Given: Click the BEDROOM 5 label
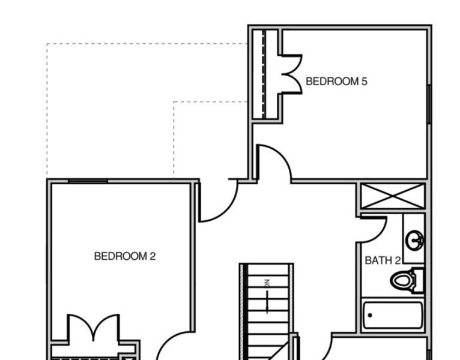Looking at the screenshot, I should pyautogui.click(x=336, y=82).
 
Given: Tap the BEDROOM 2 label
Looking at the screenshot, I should pyautogui.click(x=125, y=256).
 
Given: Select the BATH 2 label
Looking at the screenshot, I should pyautogui.click(x=383, y=260).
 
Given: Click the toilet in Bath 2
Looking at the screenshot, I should pyautogui.click(x=404, y=280).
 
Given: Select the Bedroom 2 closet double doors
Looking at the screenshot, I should pyautogui.click(x=93, y=328).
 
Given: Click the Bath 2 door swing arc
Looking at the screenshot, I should pyautogui.click(x=372, y=231).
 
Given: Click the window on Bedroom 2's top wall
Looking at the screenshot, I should pyautogui.click(x=88, y=181).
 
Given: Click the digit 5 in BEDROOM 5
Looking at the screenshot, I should pyautogui.click(x=364, y=82).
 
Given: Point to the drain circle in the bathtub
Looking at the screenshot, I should pyautogui.click(x=370, y=314).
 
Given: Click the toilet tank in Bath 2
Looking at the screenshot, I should pyautogui.click(x=418, y=280).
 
